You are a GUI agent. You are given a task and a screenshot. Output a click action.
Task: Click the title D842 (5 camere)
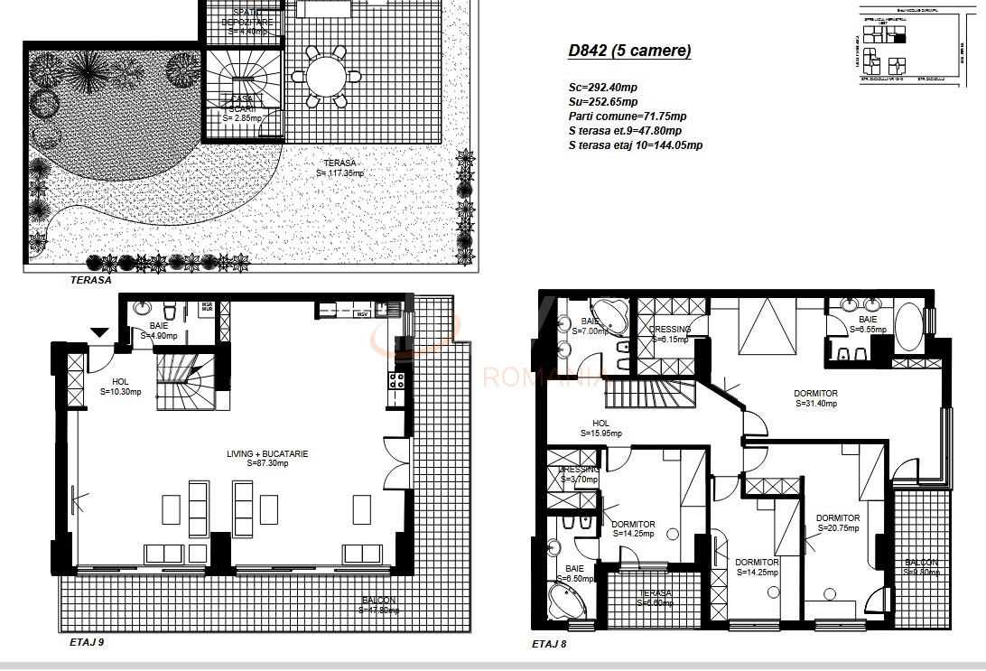(x=629, y=51)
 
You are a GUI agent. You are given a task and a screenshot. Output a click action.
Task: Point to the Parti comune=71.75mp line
(x=627, y=116)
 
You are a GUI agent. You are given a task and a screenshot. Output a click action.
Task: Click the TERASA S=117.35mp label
(x=343, y=169)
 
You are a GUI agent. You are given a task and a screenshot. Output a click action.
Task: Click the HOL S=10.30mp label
(x=116, y=387)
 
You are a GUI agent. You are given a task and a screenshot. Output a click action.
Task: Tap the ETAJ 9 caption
(x=89, y=643)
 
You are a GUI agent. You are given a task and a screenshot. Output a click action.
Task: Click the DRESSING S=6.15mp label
(x=669, y=334)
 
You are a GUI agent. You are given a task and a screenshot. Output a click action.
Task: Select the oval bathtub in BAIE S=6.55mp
(x=907, y=325)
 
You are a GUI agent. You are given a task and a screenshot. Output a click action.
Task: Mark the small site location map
(x=910, y=45)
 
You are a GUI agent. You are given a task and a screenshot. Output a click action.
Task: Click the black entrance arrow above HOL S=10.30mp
(x=98, y=333)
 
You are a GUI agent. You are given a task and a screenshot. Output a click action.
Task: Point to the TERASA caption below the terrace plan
(x=90, y=280)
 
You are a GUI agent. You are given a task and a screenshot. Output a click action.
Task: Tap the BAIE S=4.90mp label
(x=159, y=330)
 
